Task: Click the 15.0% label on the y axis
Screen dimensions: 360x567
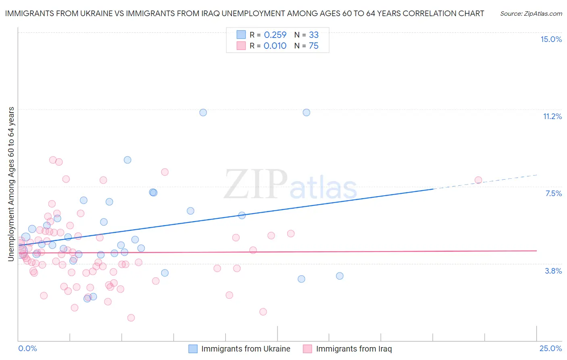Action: pyautogui.click(x=551, y=39)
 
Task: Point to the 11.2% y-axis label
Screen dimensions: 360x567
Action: pyautogui.click(x=552, y=116)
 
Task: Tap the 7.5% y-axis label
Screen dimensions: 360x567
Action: pyautogui.click(x=553, y=193)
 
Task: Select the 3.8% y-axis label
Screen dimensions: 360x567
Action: pyautogui.click(x=553, y=271)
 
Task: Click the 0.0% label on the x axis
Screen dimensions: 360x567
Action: pyautogui.click(x=27, y=348)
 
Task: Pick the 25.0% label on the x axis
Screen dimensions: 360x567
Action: pyautogui.click(x=550, y=348)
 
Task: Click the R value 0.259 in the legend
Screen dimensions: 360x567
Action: pyautogui.click(x=275, y=35)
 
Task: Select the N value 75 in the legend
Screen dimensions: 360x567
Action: pyautogui.click(x=313, y=46)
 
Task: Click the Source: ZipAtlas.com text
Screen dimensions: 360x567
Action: pyautogui.click(x=531, y=14)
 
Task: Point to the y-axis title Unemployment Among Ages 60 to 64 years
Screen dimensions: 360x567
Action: pyautogui.click(x=11, y=184)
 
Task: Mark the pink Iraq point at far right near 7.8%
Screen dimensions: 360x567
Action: pyautogui.click(x=478, y=180)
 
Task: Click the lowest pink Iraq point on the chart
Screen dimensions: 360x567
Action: pyautogui.click(x=131, y=318)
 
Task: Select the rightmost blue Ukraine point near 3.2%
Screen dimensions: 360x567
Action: pyautogui.click(x=340, y=276)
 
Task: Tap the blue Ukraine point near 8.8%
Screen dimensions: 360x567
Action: pyautogui.click(x=127, y=160)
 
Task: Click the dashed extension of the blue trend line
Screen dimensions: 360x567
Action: pyautogui.click(x=484, y=182)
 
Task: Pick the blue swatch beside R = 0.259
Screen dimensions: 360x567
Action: pyautogui.click(x=241, y=35)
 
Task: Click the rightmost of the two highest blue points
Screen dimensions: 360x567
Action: pyautogui.click(x=306, y=113)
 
